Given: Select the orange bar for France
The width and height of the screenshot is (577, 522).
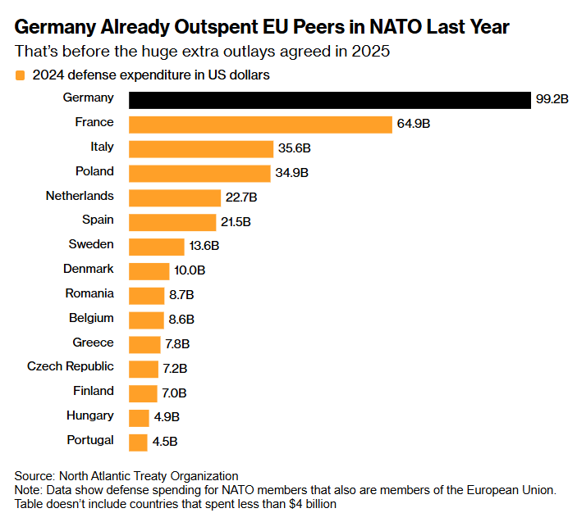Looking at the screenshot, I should tap(260, 125).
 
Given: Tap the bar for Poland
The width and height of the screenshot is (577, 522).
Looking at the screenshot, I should tap(199, 174).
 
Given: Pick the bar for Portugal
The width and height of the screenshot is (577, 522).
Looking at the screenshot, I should tap(138, 443).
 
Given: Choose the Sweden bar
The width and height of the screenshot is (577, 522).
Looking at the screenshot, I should tap(157, 247).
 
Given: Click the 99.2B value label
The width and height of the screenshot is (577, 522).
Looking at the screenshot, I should tap(552, 100).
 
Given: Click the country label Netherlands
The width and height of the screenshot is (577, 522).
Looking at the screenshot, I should tap(80, 197).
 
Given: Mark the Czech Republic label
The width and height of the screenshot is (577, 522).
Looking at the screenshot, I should tap(71, 366).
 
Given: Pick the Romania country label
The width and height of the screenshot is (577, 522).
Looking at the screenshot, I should tap(89, 293).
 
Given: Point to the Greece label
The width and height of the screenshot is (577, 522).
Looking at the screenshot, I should tap(94, 343).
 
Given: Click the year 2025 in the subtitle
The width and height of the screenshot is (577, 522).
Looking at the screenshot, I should tap(369, 52).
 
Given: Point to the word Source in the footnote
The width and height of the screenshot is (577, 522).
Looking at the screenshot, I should tap(34, 476).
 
